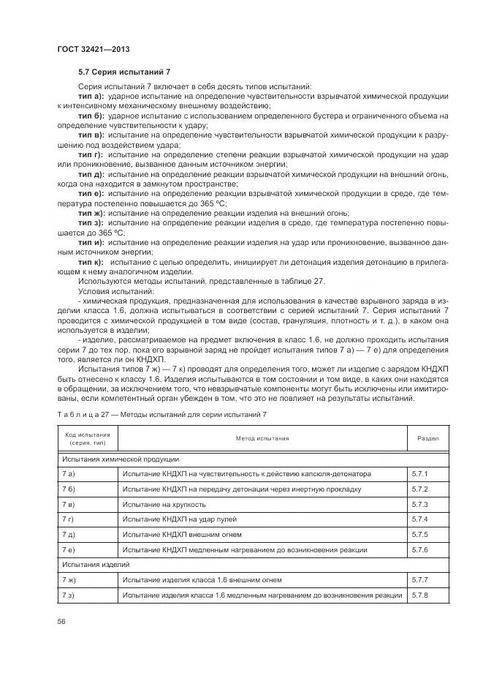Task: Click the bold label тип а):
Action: (91, 97)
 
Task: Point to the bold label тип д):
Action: (91, 175)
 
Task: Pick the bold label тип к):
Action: (91, 261)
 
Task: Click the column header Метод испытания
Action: (262, 438)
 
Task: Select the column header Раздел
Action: (427, 438)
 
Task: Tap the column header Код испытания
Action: (87, 438)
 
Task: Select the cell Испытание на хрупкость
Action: (164, 505)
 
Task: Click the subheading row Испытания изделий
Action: (86, 565)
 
